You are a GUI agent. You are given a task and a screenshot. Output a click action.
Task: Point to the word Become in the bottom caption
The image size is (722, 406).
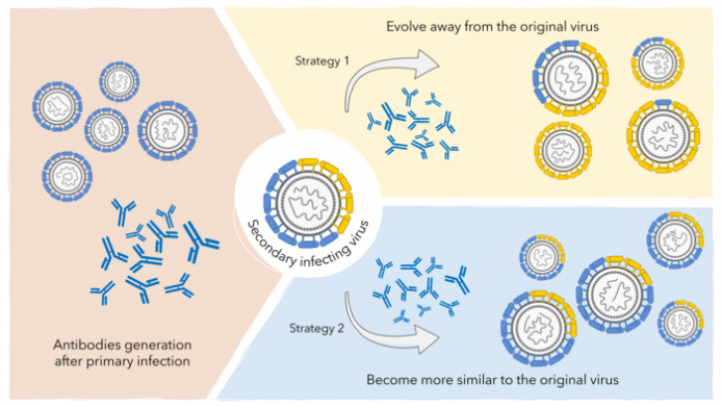click(x=390, y=379)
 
